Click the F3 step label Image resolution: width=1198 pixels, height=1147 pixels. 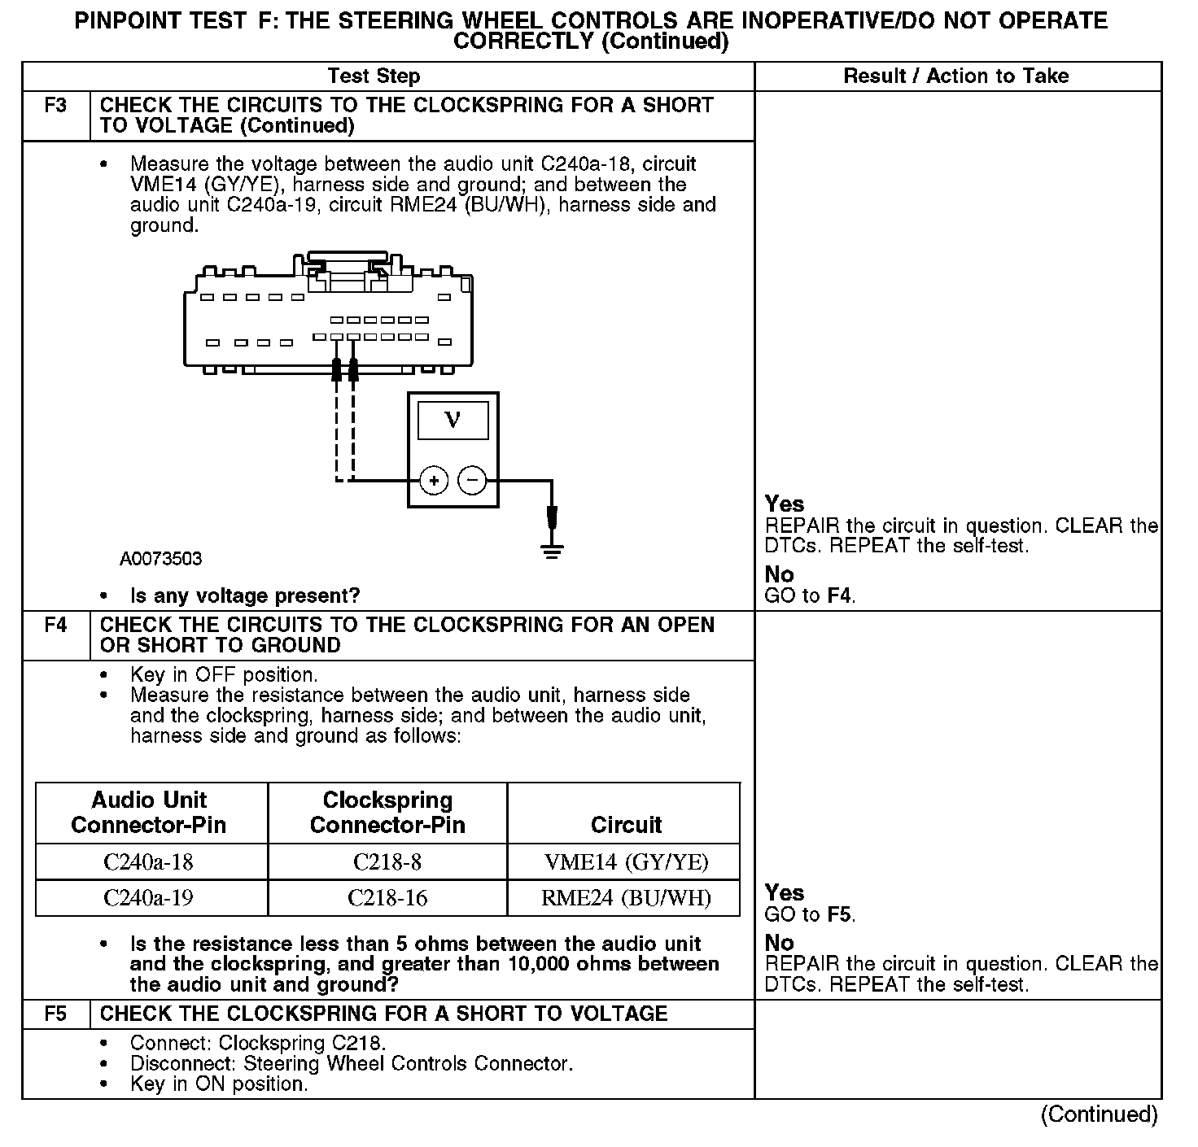pos(55,106)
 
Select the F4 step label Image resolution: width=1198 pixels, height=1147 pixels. pos(55,626)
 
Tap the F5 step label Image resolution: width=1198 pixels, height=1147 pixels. pos(55,1014)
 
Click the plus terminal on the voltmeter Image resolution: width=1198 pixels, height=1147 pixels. pos(434,481)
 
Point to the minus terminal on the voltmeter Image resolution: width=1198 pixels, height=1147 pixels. pos(473,481)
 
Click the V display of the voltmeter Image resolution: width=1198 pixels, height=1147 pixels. pos(453,420)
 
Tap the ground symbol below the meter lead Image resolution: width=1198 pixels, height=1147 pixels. pos(552,550)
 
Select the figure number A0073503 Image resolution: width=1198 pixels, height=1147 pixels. pos(160,559)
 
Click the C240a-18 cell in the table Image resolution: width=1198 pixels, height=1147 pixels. pos(149,862)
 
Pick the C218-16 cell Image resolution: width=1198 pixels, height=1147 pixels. pos(387,898)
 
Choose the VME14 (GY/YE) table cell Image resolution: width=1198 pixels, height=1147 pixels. pos(626,862)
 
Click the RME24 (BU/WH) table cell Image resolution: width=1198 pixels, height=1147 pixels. pos(626,898)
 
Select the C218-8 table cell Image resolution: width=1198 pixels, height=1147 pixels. pos(387,862)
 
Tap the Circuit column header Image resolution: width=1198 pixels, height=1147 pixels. pos(626,825)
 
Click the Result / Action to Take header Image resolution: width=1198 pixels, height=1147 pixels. pos(956,76)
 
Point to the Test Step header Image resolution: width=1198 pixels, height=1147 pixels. pos(374,76)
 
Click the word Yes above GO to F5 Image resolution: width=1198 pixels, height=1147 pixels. pos(785,893)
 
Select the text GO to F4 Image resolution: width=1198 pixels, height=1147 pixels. pos(810,595)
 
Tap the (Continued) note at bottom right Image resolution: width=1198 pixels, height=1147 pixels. pos(1099,1114)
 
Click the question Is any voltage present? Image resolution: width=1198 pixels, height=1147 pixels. pos(244,596)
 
